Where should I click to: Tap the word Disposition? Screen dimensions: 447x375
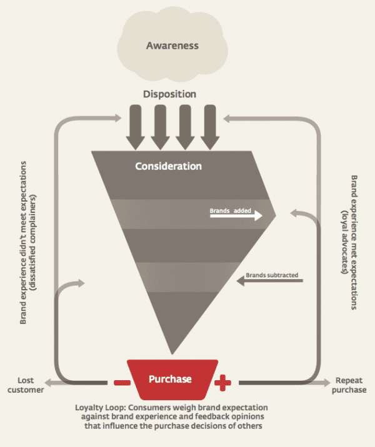point(169,94)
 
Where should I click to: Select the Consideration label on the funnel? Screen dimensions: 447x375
point(169,167)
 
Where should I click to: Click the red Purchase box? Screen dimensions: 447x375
point(170,378)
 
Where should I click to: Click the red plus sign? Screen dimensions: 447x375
point(222,381)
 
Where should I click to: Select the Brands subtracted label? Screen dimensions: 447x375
point(272,275)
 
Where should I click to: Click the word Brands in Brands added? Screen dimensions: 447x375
point(219,211)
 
